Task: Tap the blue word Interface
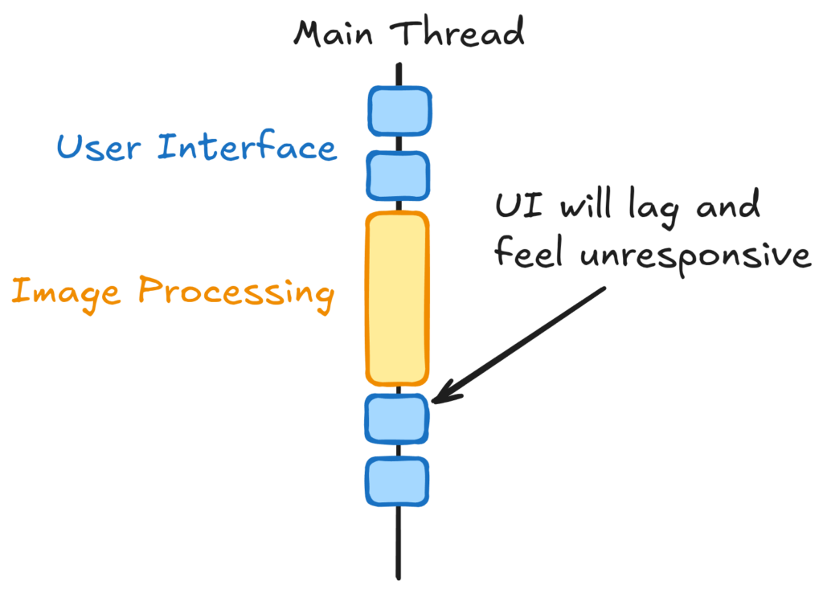click(247, 148)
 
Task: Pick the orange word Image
click(65, 291)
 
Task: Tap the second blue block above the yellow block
click(399, 174)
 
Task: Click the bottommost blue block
click(397, 481)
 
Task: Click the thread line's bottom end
click(398, 575)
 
